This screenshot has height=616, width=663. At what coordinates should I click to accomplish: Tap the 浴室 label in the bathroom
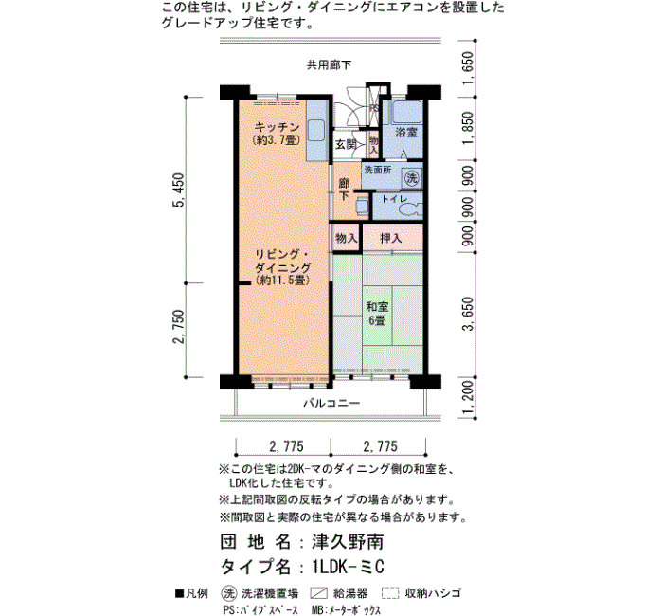(406, 133)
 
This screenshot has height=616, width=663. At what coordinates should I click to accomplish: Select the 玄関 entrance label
(346, 145)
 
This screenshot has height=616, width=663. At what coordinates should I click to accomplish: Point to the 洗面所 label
(378, 170)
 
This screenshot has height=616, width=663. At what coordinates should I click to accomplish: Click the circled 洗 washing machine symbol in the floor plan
(411, 178)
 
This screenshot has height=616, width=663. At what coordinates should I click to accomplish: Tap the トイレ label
(395, 199)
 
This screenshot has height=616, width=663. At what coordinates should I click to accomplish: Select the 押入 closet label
(390, 238)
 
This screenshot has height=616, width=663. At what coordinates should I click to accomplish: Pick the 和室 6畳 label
(377, 314)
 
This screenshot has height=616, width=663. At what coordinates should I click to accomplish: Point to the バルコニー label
(331, 403)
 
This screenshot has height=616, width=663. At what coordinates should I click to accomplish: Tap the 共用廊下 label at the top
(329, 64)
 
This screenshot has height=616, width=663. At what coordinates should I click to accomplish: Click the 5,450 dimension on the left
(179, 190)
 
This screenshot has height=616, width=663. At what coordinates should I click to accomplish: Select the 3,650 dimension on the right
(468, 314)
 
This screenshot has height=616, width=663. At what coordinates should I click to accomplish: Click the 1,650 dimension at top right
(468, 68)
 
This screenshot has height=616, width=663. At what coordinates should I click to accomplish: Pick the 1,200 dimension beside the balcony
(468, 398)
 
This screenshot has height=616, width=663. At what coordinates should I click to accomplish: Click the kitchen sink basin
(316, 132)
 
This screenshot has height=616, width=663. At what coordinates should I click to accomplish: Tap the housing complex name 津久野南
(348, 542)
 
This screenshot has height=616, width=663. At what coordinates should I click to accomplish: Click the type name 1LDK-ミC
(348, 567)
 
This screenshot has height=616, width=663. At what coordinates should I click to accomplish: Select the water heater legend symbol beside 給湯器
(319, 593)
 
